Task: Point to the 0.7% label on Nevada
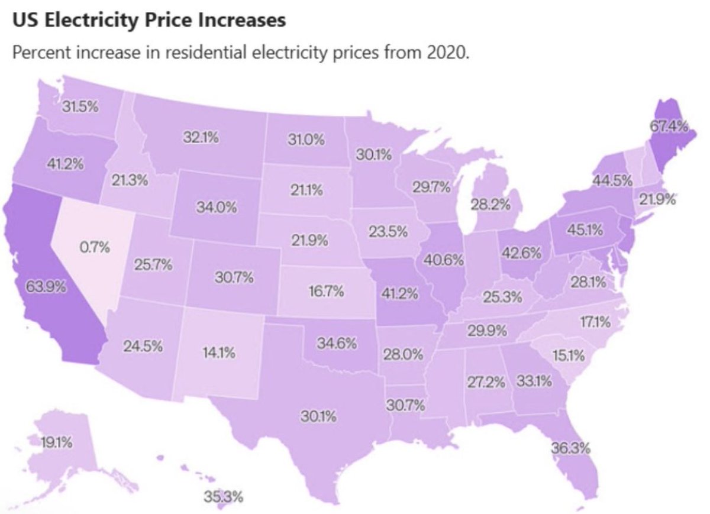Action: click(95, 247)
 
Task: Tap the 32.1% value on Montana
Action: click(200, 138)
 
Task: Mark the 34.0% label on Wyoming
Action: click(217, 208)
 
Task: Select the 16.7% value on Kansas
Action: click(327, 292)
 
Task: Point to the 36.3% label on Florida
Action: click(571, 447)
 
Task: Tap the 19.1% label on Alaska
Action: click(57, 442)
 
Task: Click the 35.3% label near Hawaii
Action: click(224, 496)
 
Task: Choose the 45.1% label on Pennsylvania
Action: click(585, 229)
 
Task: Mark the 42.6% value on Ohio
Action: click(521, 253)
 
